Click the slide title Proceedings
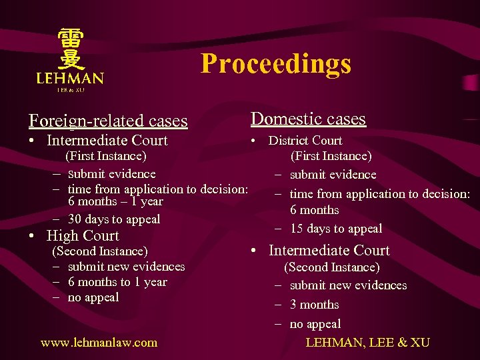click(x=275, y=64)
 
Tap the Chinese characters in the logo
click(x=70, y=49)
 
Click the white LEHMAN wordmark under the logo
click(x=70, y=79)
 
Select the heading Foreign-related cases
click(x=108, y=121)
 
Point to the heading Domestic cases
click(x=308, y=119)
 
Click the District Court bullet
click(x=305, y=141)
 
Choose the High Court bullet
click(x=83, y=236)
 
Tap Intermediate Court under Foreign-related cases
click(x=107, y=141)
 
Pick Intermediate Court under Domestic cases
click(x=329, y=251)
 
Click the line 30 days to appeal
click(x=114, y=219)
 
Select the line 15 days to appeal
click(x=336, y=229)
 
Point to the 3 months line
click(x=314, y=305)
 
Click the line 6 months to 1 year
click(x=117, y=282)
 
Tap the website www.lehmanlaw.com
click(x=99, y=343)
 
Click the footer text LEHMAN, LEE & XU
click(x=367, y=343)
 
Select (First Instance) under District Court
click(x=331, y=156)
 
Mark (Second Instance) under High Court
click(x=100, y=251)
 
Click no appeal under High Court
click(x=93, y=297)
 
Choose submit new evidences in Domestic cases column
click(x=348, y=285)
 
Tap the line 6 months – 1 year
click(x=115, y=201)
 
